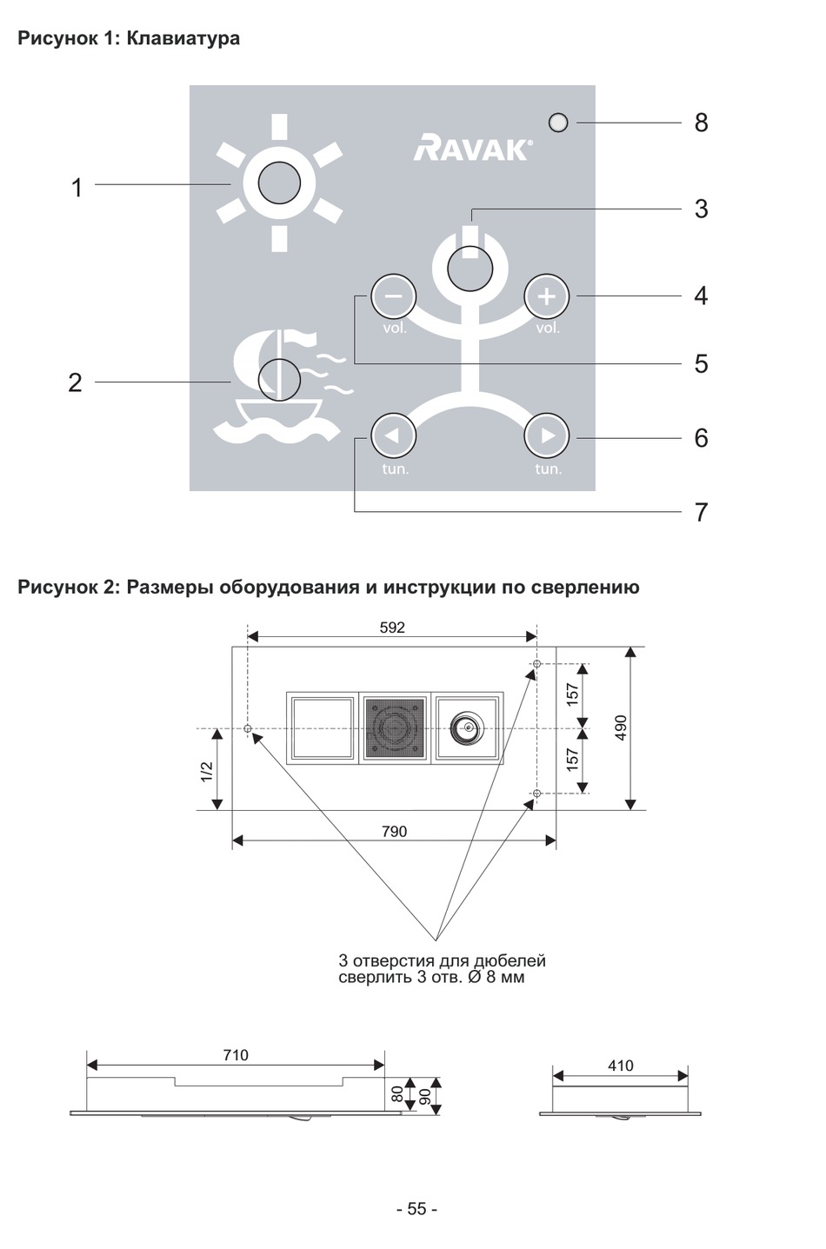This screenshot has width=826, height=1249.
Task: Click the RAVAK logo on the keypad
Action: tap(471, 148)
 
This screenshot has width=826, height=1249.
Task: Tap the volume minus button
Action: tap(394, 297)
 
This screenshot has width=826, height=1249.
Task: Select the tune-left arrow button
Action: tap(394, 435)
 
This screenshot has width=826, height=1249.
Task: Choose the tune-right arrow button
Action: tap(547, 435)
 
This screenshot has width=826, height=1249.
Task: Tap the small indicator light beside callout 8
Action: tap(558, 123)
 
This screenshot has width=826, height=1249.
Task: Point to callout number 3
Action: tap(701, 209)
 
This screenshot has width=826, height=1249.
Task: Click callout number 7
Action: tap(701, 513)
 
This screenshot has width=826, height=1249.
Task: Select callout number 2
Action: tap(76, 382)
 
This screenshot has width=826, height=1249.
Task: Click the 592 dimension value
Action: tap(392, 628)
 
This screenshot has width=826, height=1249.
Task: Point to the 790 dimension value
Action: tap(394, 832)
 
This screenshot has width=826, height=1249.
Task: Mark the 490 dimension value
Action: tap(621, 728)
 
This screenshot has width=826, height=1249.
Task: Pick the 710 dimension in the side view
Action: tap(236, 1055)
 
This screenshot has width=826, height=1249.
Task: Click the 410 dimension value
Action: tap(621, 1066)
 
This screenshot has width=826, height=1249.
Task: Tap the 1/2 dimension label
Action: tap(206, 772)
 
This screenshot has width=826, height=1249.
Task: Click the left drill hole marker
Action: tap(248, 728)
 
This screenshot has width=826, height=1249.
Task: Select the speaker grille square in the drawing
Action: tap(395, 727)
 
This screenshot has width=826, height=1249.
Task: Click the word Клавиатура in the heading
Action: tap(183, 38)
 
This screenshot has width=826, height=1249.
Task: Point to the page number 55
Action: tap(416, 1209)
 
